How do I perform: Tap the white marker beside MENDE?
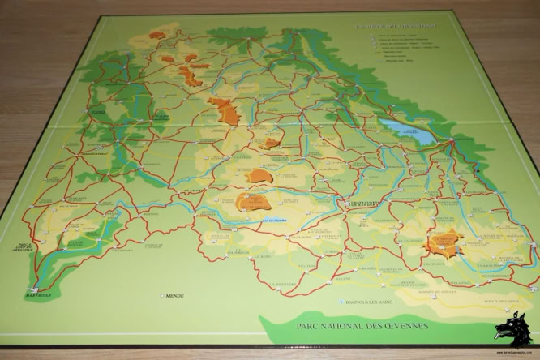(x=162, y=295)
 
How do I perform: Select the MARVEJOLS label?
(x=36, y=293)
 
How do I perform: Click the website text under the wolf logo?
(x=513, y=351)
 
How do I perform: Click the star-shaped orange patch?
(x=445, y=241)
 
